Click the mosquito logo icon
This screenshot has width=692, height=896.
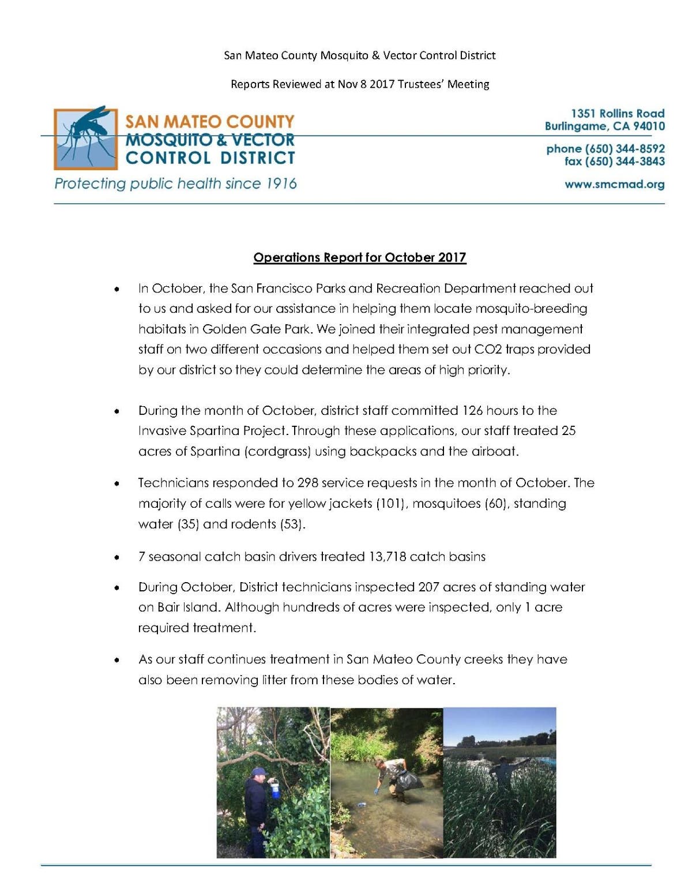[x=86, y=138]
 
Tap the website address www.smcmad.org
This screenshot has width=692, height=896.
[x=614, y=185]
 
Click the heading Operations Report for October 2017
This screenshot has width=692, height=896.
[x=360, y=257]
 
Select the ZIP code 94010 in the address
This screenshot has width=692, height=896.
[x=648, y=126]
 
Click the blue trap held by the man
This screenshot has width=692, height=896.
[x=276, y=788]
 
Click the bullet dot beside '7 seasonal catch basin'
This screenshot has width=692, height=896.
[x=118, y=557]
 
